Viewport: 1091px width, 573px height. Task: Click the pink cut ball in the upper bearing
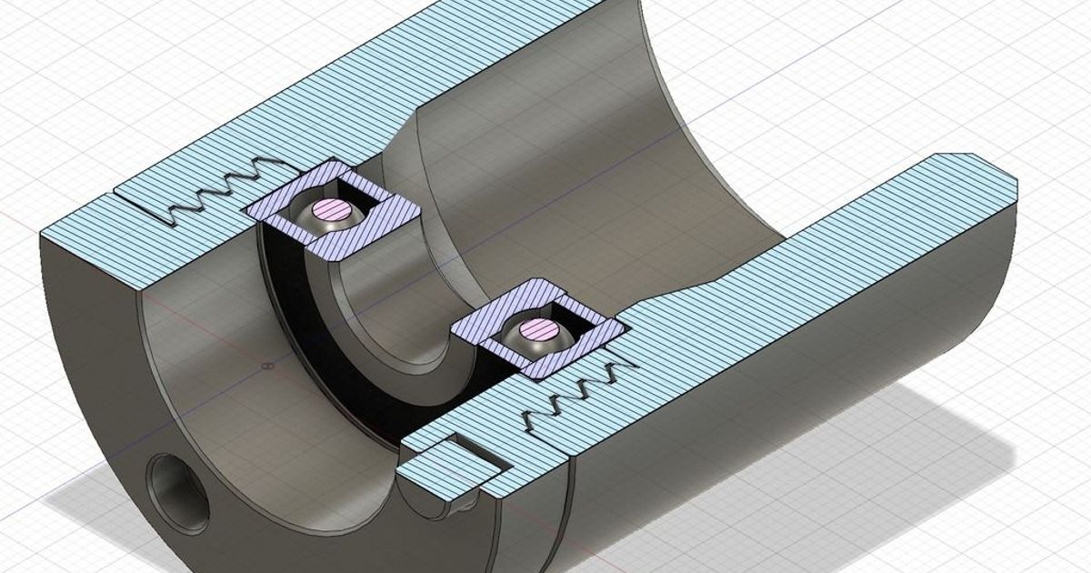(331, 209)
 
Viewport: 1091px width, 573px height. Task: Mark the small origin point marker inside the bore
(265, 367)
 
